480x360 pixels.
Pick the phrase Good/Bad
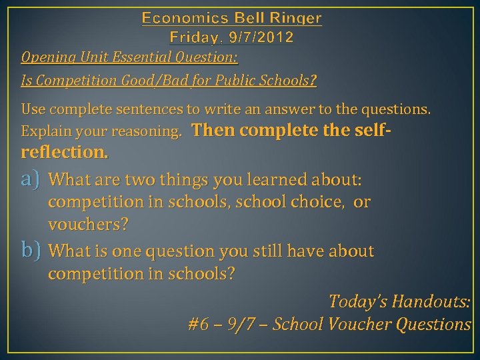[x=145, y=81]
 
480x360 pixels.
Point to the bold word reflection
[x=64, y=151]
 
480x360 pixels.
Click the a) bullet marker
[x=31, y=179]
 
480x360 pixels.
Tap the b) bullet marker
[x=31, y=251]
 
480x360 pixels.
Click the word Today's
[x=358, y=301]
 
